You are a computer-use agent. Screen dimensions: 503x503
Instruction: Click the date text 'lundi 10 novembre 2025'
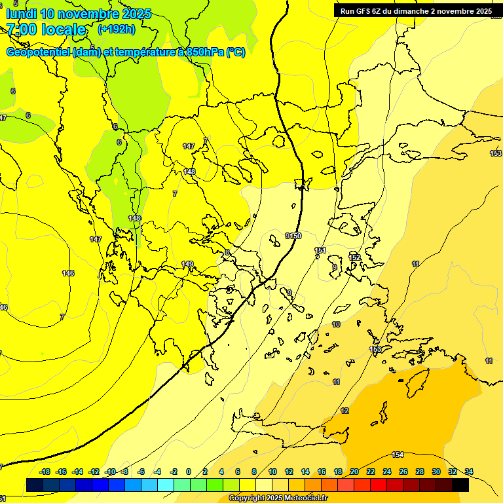pos(79,14)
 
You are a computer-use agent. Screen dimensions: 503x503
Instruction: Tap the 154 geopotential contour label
pos(398,455)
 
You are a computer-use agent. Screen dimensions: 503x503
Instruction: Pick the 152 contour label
pos(354,257)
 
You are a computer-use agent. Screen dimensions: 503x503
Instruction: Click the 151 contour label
pos(320,250)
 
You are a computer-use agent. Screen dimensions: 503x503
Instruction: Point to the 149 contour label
pos(187,264)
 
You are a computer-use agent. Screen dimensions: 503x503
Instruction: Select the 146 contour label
pos(68,272)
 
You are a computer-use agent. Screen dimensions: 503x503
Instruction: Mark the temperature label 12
pos(345,411)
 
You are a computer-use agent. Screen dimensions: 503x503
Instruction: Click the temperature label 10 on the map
pos(336,324)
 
